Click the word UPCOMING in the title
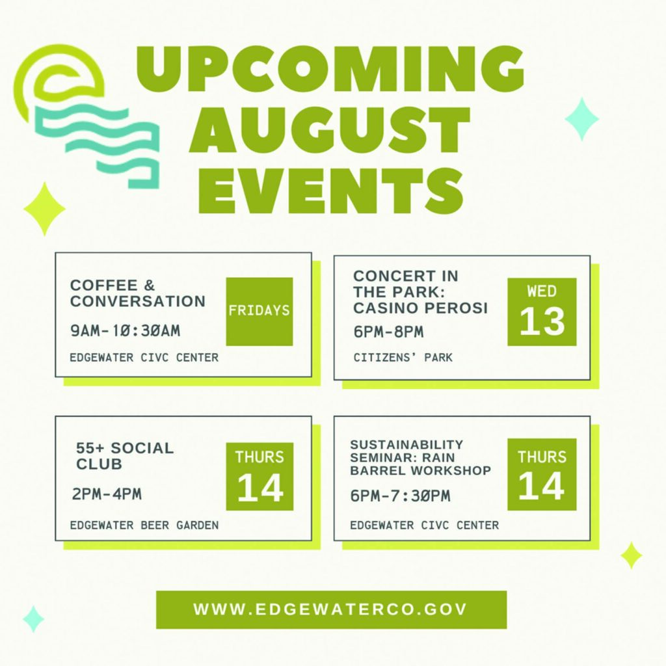pos(330,68)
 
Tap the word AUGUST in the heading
pos(330,130)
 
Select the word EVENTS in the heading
pos(331,190)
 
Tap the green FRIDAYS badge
pos(259,312)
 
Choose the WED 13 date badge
pos(542,312)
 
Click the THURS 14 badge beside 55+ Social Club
pos(260,476)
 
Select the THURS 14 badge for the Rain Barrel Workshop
pos(542,474)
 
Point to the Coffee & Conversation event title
pos(138,293)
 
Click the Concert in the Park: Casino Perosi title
pos(420,292)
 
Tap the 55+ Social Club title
pos(125,456)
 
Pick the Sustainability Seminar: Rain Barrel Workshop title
pos(421,457)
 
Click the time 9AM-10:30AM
pos(126,330)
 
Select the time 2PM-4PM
pos(107,494)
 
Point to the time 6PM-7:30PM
pos(400,496)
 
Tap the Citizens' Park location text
pos(403,357)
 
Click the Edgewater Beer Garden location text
pos(144,526)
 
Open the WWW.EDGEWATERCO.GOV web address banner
pos(331,609)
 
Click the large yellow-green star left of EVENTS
pos(45,209)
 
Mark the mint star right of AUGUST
pos(582,119)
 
